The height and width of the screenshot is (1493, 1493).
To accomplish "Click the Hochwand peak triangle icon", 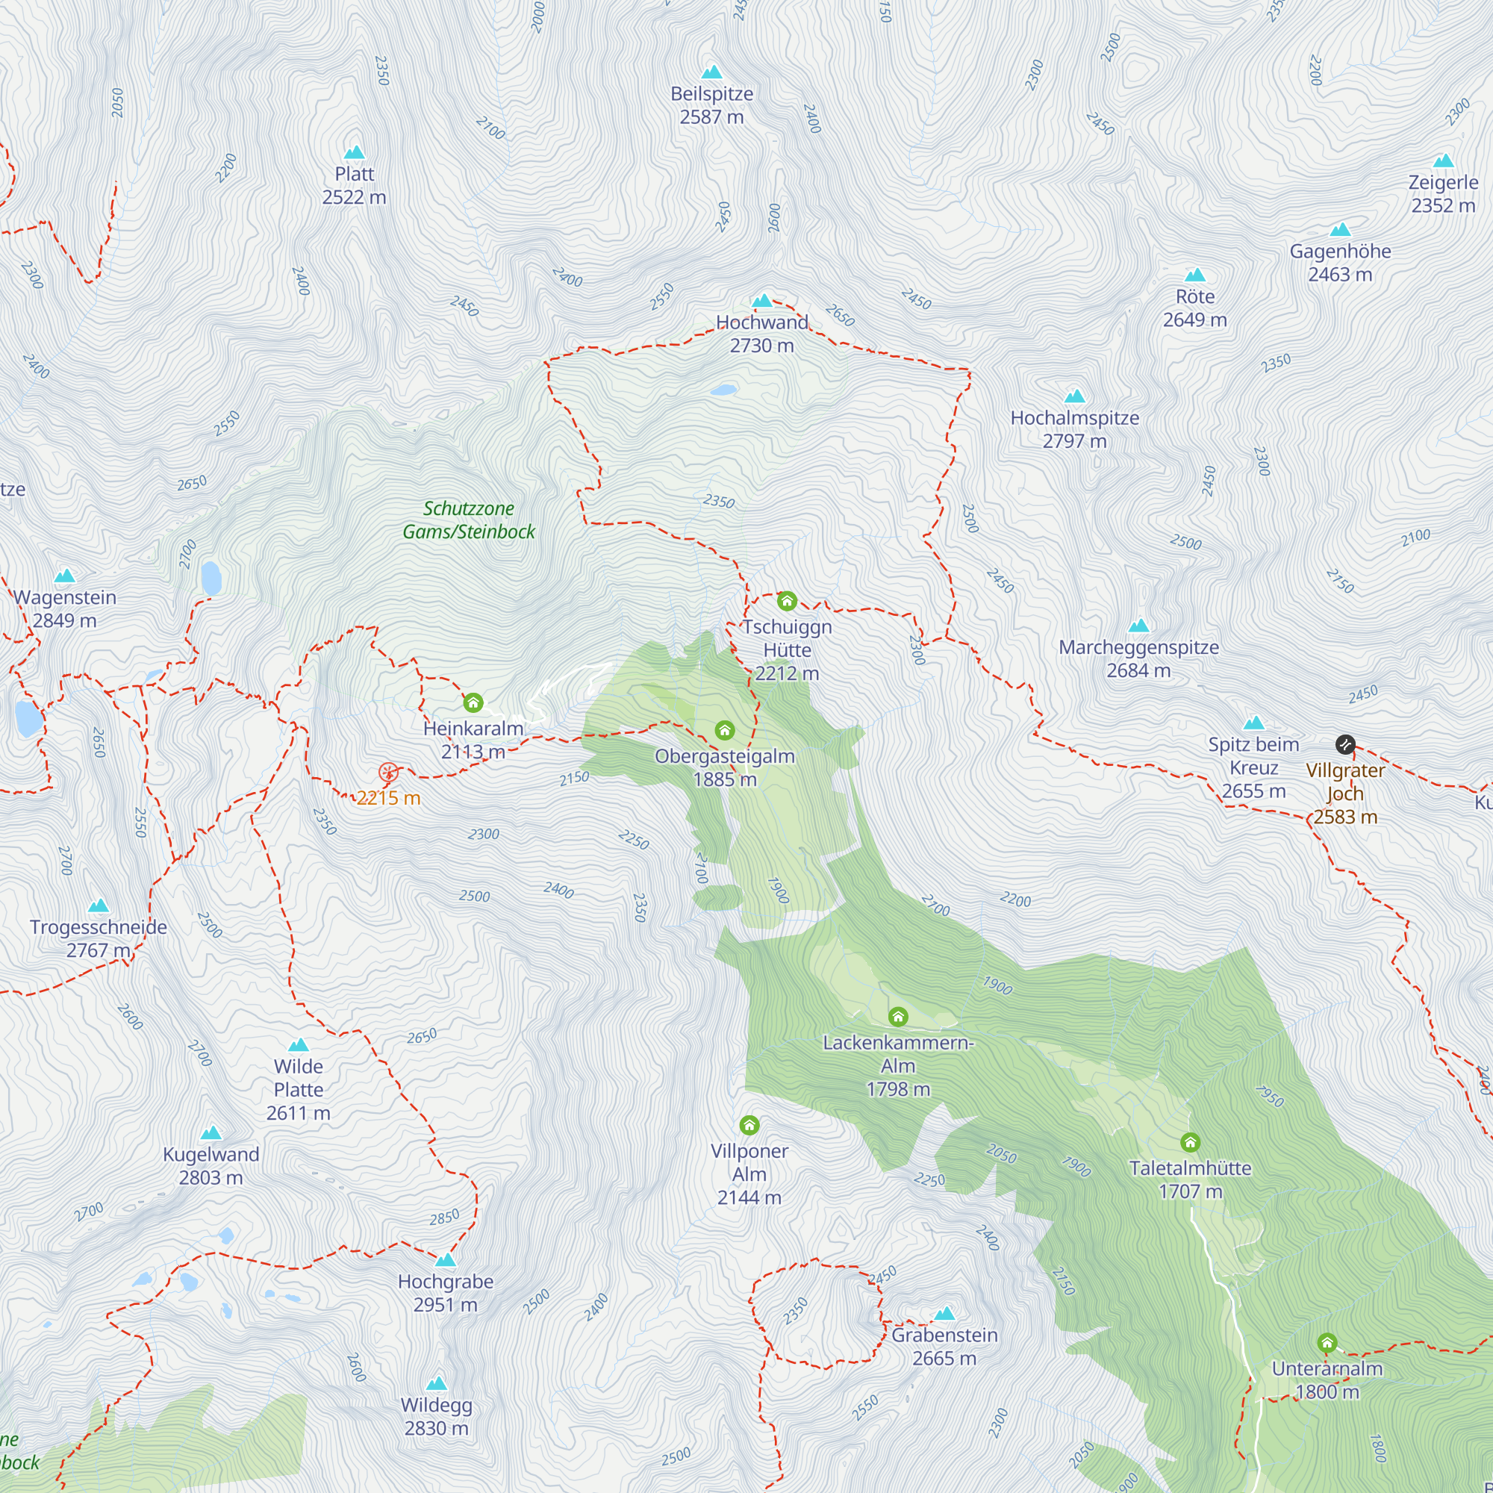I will point(762,301).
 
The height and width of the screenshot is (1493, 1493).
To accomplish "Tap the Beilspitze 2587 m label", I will point(711,105).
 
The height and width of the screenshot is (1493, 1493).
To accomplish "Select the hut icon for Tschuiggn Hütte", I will point(787,600).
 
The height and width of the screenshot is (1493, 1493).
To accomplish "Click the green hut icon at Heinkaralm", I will point(473,702).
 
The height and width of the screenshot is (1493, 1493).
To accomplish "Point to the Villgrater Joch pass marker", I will point(1344,744).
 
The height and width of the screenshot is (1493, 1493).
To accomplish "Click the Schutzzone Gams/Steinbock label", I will point(468,520).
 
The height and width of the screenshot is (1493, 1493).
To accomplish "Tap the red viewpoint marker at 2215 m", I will point(388,772).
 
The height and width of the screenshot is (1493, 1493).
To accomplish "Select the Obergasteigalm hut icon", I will point(724,730).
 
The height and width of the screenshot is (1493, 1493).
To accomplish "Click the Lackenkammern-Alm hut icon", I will point(897,1016).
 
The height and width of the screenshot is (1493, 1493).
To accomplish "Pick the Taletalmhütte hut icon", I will point(1190,1142).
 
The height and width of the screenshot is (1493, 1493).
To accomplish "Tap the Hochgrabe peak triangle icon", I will point(445,1260).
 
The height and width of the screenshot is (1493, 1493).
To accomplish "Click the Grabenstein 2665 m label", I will point(944,1347).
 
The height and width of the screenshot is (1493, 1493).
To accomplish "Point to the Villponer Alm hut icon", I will point(749,1124).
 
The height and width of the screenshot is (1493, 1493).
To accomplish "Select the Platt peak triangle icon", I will point(354,152).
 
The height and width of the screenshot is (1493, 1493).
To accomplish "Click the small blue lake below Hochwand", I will point(723,390).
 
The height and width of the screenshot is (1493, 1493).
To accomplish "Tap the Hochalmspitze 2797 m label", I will point(1074,429).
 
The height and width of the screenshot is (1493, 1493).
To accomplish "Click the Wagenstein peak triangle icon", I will point(65,576).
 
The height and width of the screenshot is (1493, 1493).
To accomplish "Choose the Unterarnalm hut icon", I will point(1327,1342).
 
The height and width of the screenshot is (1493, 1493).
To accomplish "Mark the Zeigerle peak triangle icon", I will point(1443,161).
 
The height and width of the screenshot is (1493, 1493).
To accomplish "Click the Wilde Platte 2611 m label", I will point(299,1090).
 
